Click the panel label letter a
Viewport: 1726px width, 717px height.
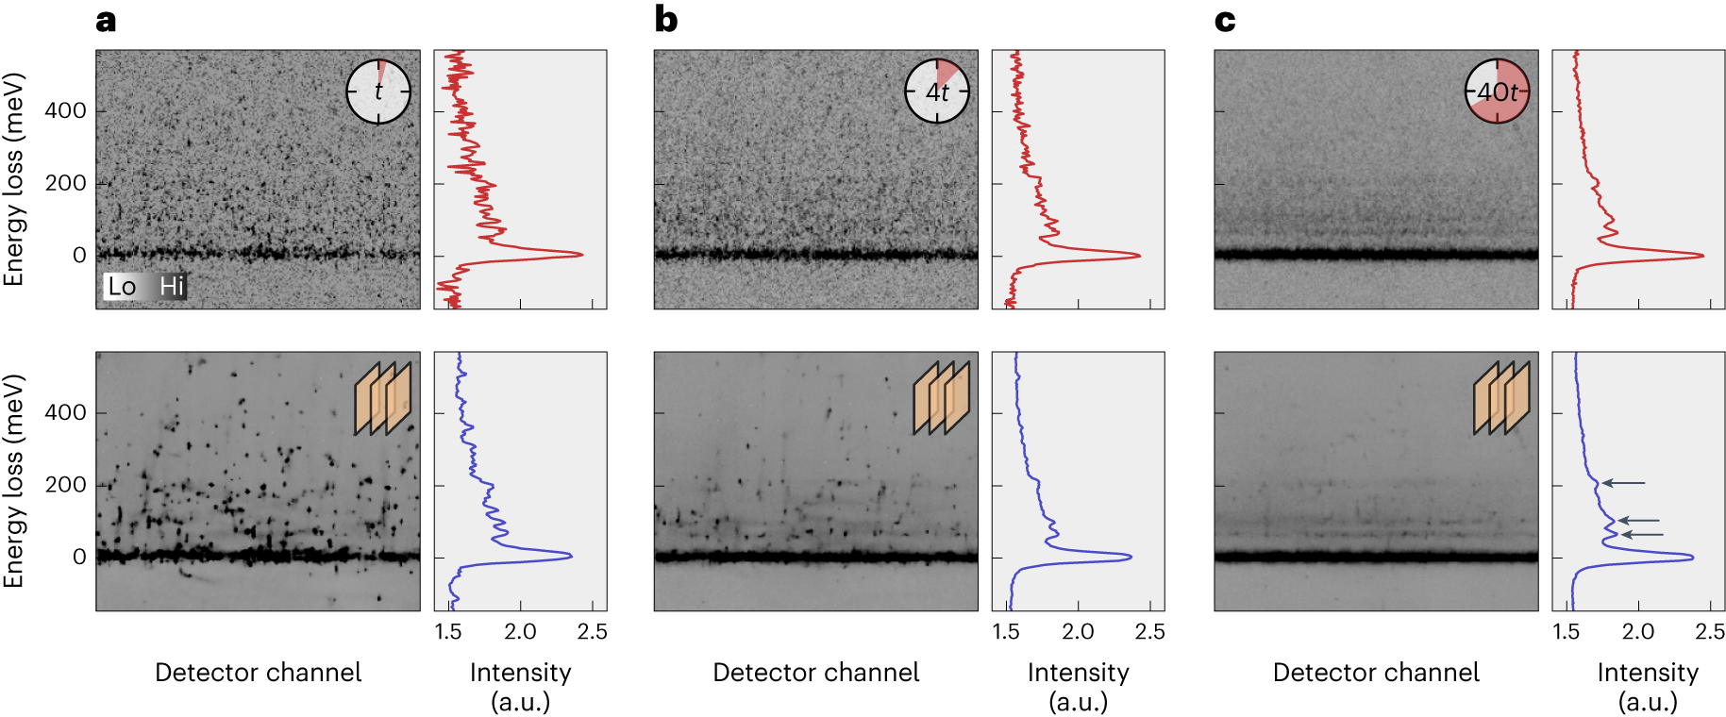point(106,21)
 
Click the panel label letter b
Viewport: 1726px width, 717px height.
point(665,20)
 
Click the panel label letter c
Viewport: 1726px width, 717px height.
point(1224,21)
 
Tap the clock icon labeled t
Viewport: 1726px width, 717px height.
point(378,92)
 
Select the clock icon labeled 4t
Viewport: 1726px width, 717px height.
point(937,92)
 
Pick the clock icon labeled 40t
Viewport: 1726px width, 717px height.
point(1497,92)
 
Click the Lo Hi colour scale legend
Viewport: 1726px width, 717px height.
point(145,286)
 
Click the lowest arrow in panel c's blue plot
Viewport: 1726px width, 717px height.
point(1642,535)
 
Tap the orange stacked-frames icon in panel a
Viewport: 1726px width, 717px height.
point(383,398)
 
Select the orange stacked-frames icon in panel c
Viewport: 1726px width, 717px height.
point(1501,398)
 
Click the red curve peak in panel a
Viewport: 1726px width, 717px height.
point(580,254)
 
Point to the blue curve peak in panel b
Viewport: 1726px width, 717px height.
point(1130,557)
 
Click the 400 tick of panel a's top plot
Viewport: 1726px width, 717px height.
point(65,110)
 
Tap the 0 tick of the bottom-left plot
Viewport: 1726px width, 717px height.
point(79,557)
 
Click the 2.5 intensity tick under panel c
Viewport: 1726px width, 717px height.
point(1709,631)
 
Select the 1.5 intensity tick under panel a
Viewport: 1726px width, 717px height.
point(448,631)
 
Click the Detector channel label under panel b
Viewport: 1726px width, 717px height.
point(815,672)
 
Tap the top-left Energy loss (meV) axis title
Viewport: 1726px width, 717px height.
point(13,179)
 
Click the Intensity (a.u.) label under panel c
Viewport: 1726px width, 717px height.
point(1647,686)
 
